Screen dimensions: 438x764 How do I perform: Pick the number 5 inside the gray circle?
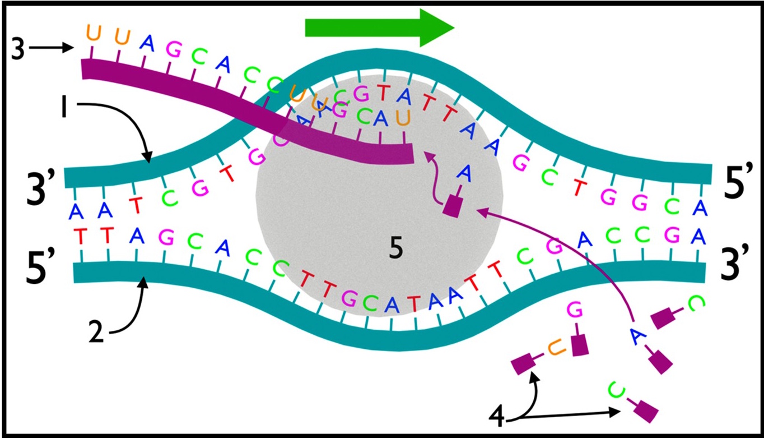pos(396,250)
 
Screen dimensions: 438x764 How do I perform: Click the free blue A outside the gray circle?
pos(635,335)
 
